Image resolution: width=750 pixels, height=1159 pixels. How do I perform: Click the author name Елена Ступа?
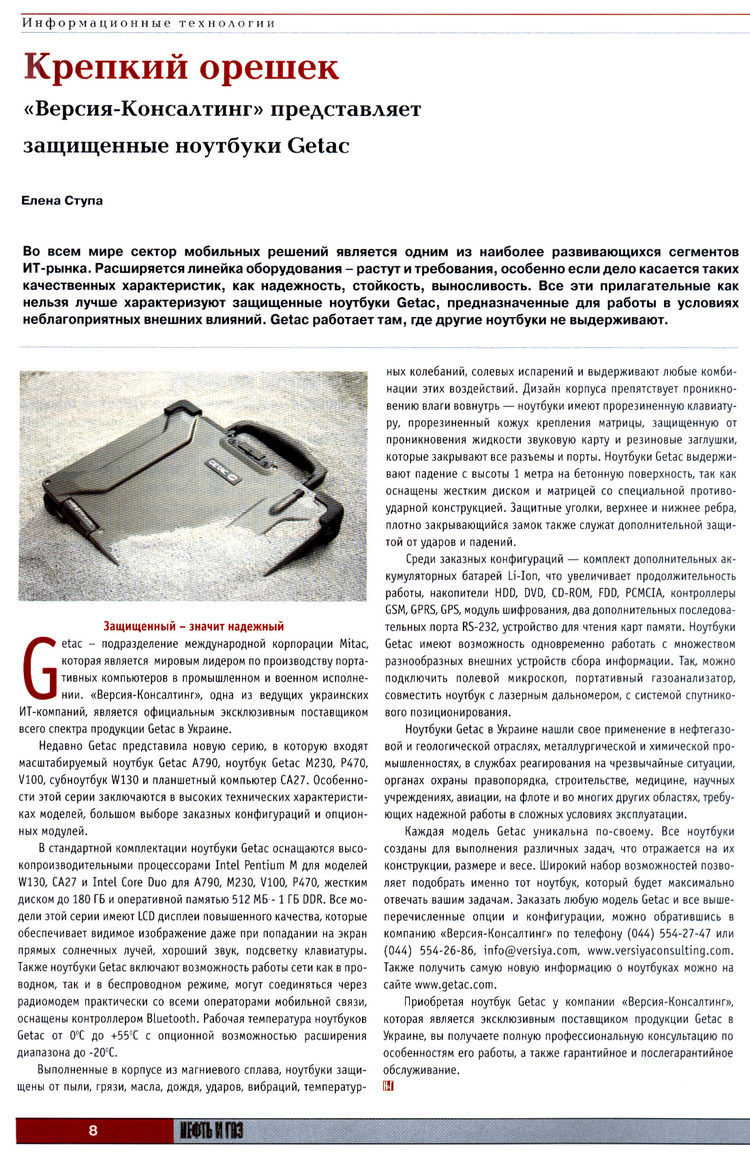coord(62,200)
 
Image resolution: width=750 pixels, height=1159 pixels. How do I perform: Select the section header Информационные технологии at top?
coord(149,23)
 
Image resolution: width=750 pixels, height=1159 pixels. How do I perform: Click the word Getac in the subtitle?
coord(318,145)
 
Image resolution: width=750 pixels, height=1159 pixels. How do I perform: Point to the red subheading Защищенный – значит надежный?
coord(193,626)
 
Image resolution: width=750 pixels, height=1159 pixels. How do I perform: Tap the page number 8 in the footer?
coord(93,1130)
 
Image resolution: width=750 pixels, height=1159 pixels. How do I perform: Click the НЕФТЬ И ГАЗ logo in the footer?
coord(211,1131)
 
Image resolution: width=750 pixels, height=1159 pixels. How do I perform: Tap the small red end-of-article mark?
coord(389,1085)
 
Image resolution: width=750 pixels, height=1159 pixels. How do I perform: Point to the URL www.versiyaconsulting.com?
coord(659,950)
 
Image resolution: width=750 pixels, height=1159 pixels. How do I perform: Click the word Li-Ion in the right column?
coord(523,576)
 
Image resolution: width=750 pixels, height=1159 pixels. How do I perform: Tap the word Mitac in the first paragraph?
coord(353,644)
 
